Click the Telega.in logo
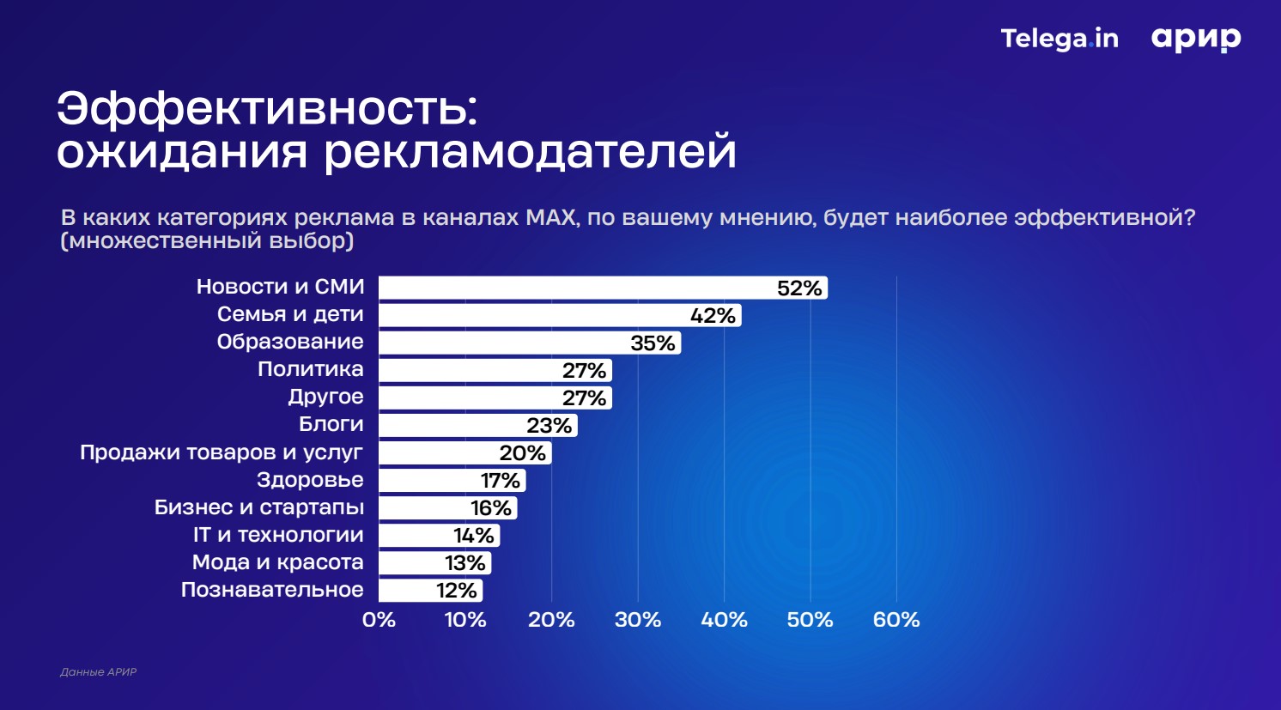(1059, 39)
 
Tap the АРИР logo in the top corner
(1196, 39)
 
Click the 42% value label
(713, 316)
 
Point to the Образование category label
(290, 342)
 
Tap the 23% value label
(549, 426)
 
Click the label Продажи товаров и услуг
(222, 452)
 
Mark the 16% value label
(491, 508)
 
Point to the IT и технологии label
(278, 535)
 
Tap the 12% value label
(456, 591)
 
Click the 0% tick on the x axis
(379, 620)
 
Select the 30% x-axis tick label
(638, 620)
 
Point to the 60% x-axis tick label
(896, 620)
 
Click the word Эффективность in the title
(266, 109)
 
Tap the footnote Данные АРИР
(98, 672)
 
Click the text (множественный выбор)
(207, 241)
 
